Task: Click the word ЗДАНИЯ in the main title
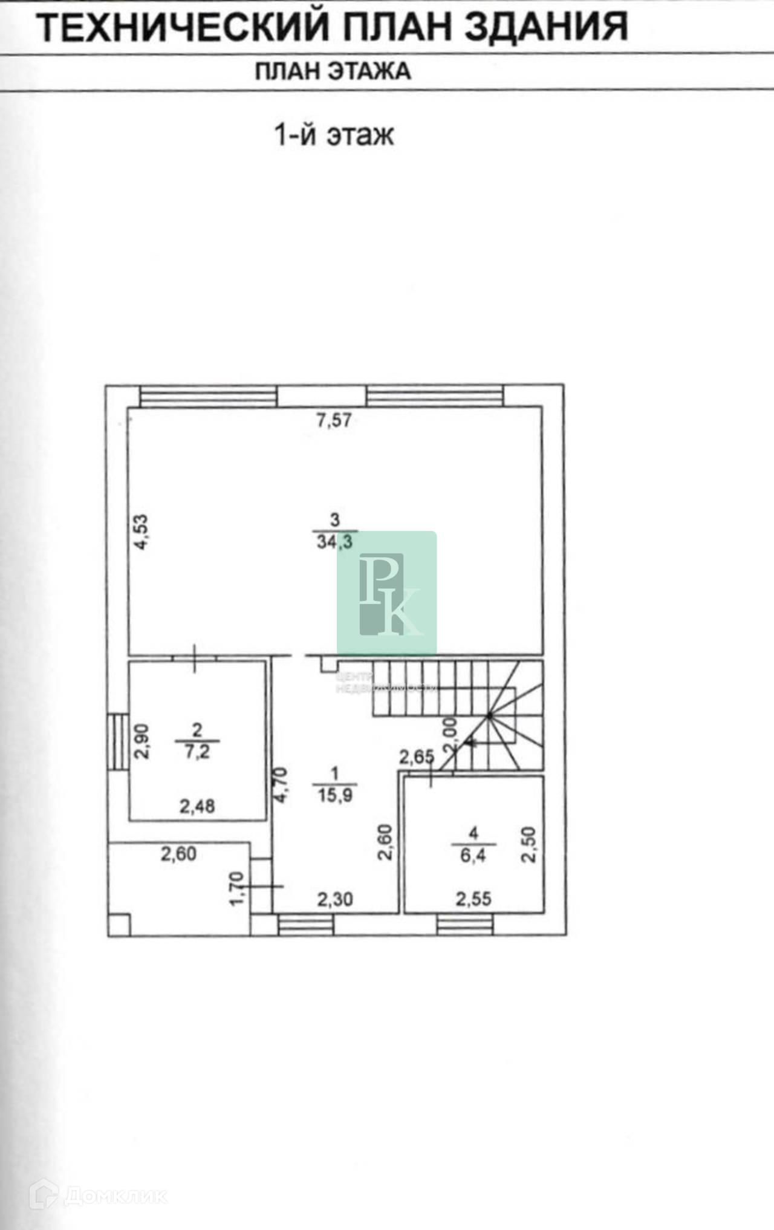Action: (547, 27)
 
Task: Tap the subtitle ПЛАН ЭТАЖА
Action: (333, 71)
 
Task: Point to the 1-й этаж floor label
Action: (334, 134)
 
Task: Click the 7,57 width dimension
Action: (334, 420)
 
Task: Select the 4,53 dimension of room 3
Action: (140, 532)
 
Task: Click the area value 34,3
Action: (334, 541)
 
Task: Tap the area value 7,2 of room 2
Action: (197, 752)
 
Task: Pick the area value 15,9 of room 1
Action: (334, 795)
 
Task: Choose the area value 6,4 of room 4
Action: (473, 855)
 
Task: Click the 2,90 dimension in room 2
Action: (141, 741)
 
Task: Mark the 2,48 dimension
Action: (197, 806)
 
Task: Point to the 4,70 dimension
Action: (281, 785)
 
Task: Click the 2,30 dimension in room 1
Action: (335, 899)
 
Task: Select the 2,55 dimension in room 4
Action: (473, 899)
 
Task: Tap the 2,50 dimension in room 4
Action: (528, 845)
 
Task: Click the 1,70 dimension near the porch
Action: (237, 888)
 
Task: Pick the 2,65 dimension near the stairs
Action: (416, 757)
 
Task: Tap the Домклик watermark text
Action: (115, 1196)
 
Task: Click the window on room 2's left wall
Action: (118, 742)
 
